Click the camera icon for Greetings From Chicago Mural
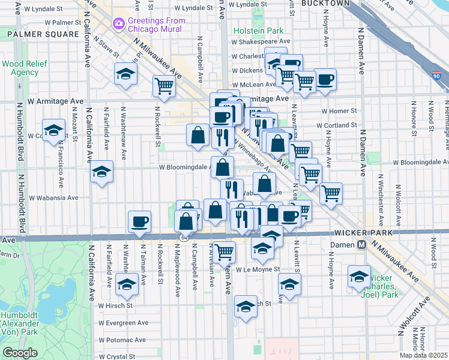(118, 23)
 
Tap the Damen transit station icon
(362, 245)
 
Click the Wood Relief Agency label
(20, 68)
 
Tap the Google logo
(20, 353)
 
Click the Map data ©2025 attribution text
(424, 355)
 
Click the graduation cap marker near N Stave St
(126, 74)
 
